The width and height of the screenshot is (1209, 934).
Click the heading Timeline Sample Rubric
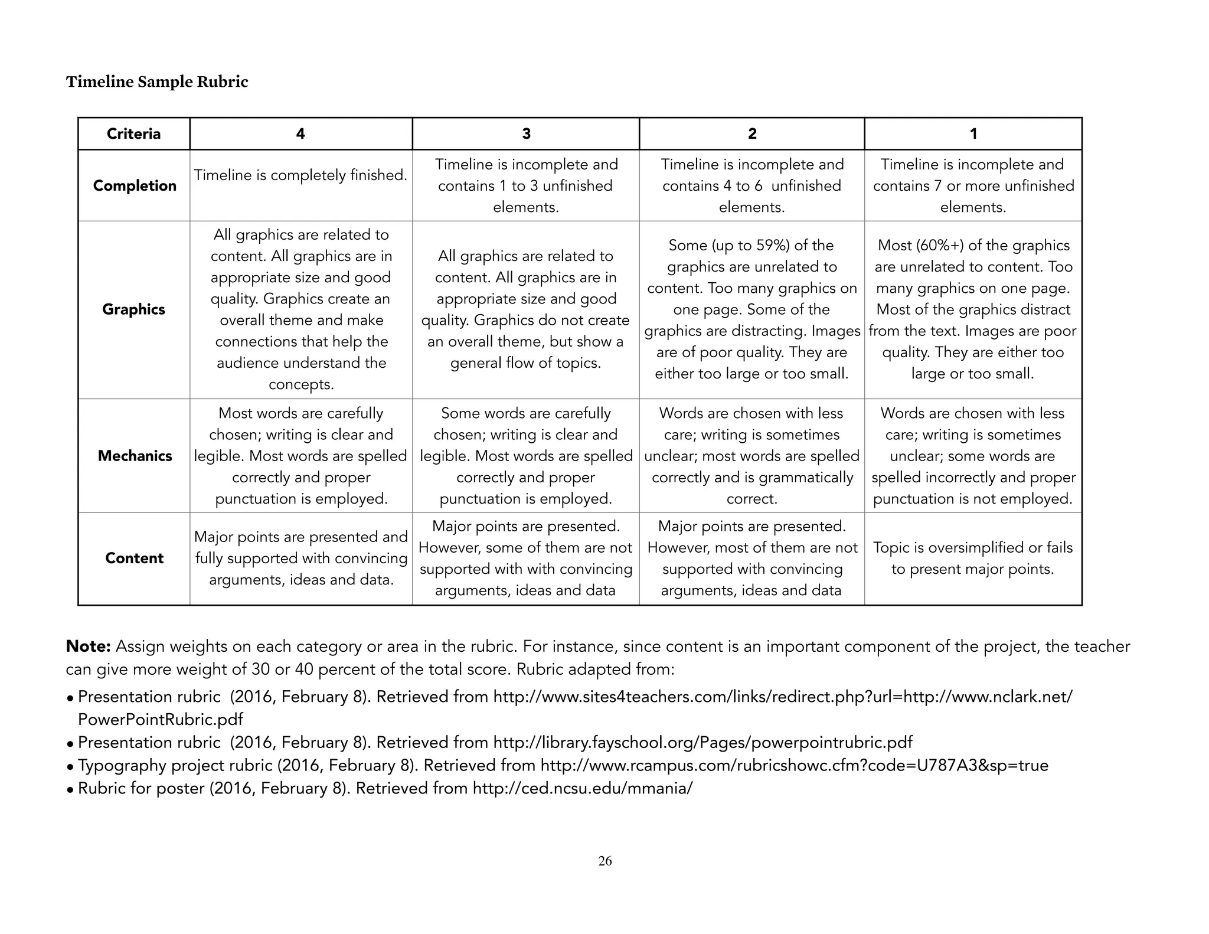coord(157,81)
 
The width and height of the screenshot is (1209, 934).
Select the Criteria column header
coord(133,134)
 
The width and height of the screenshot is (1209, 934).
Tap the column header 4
coord(300,134)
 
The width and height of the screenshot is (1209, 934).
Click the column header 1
coord(973,134)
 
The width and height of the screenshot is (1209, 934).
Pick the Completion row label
coord(135,186)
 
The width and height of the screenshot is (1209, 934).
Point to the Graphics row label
coord(133,309)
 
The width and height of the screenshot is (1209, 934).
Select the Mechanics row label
coord(135,456)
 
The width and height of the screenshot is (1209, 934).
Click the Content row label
coord(134,559)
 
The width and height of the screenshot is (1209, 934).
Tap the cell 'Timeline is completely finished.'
coord(300,175)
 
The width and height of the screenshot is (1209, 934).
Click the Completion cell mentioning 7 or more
coord(973,186)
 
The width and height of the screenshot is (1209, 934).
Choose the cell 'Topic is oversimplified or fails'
coord(973,558)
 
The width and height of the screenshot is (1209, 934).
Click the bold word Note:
coord(89,646)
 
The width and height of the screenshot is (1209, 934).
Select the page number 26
coord(605,861)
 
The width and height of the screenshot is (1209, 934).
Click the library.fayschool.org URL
coord(702,743)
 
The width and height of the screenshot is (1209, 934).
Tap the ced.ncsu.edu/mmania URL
coord(582,789)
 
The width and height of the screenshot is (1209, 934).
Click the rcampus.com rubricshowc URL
coord(794,766)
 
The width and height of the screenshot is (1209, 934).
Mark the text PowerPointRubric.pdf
coord(161,720)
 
